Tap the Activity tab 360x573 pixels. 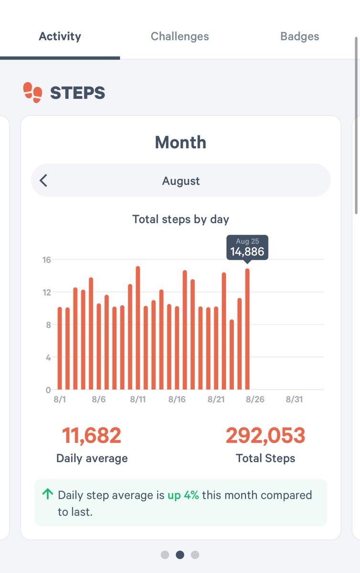pos(60,36)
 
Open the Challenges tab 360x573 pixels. pos(180,36)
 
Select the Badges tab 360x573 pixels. pos(299,36)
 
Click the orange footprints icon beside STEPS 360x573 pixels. pos(32,92)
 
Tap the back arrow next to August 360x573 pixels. pos(43,180)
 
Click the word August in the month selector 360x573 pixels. pos(180,181)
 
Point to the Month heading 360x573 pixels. pos(180,142)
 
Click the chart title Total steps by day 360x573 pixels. pos(180,219)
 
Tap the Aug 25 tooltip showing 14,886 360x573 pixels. pos(247,247)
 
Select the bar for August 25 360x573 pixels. pos(247,329)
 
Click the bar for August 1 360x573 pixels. pos(60,349)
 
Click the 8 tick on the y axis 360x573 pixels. pos(48,325)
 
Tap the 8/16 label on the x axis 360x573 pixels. pos(177,399)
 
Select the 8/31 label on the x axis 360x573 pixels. pos(294,399)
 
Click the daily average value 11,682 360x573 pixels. pos(92,435)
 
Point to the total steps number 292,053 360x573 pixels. pos(265,435)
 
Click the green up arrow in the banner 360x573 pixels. pos(47,494)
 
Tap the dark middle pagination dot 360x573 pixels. pos(180,555)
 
